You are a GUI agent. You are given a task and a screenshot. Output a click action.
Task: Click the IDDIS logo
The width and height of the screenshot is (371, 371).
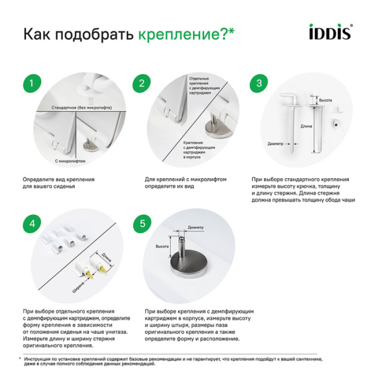click(x=331, y=32)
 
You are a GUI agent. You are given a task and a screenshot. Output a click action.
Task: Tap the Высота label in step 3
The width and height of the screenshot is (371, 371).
click(x=325, y=100)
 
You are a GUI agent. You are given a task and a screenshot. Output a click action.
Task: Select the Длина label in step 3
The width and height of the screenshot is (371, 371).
click(x=306, y=126)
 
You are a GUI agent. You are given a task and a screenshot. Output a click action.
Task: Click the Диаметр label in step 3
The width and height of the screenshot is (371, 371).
click(x=276, y=144)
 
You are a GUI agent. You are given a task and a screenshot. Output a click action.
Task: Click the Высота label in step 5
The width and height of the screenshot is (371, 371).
click(x=161, y=246)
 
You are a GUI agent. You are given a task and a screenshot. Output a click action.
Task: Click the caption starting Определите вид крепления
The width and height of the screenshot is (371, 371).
click(x=59, y=182)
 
